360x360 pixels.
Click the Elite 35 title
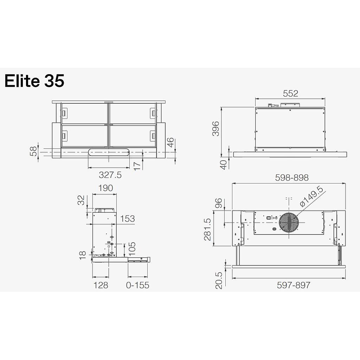pos(34,81)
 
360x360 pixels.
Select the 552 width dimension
pos(290,94)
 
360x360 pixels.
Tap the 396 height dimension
pos(216,129)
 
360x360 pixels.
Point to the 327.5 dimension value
pos(110,175)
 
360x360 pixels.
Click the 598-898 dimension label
pos(292,178)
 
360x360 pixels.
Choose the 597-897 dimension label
pos(294,285)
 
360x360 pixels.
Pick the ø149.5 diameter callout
pos(311,197)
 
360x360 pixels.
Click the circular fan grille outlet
pos(289,223)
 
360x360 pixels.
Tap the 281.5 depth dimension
pos(207,229)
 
